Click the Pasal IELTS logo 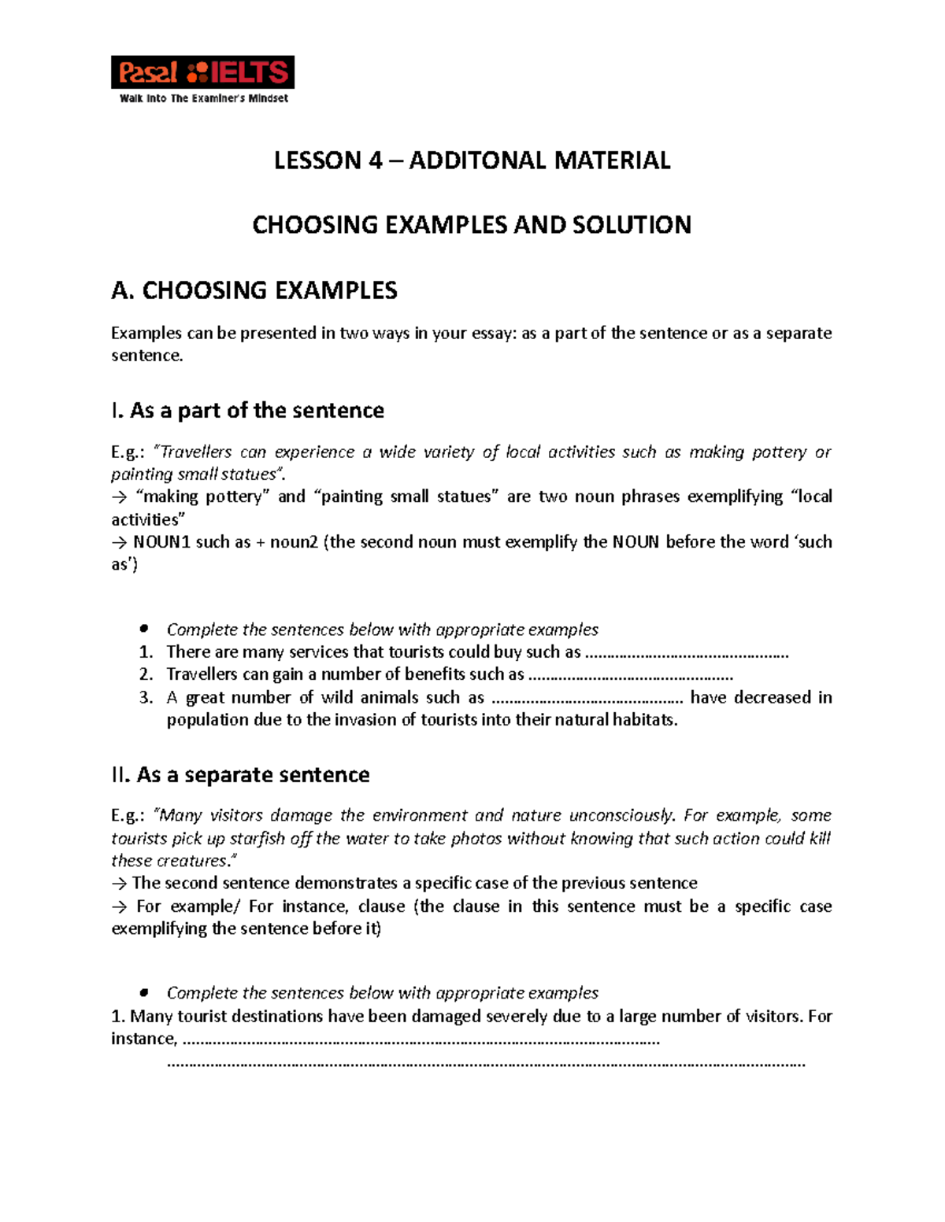click(x=202, y=72)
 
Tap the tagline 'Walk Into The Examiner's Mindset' click(x=203, y=98)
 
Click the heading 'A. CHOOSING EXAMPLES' click(x=254, y=290)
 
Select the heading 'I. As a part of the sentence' click(x=247, y=410)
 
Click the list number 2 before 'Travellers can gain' click(x=146, y=674)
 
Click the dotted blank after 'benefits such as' click(x=630, y=675)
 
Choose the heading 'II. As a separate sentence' click(x=240, y=774)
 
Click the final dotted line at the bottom click(x=487, y=1063)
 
